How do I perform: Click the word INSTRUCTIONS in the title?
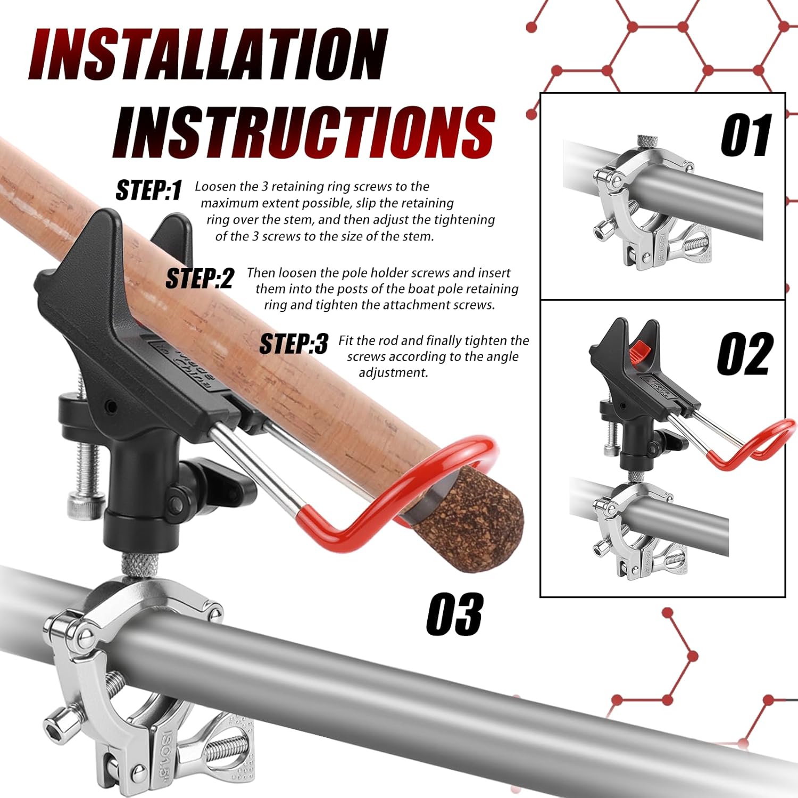(304, 132)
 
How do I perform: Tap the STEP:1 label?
(149, 190)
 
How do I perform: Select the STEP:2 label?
(199, 278)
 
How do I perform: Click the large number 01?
(746, 135)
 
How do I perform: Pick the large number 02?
(745, 354)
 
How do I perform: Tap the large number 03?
(454, 614)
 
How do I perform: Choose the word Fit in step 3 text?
(346, 340)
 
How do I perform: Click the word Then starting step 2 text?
(261, 273)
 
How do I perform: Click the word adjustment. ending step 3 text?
(393, 373)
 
